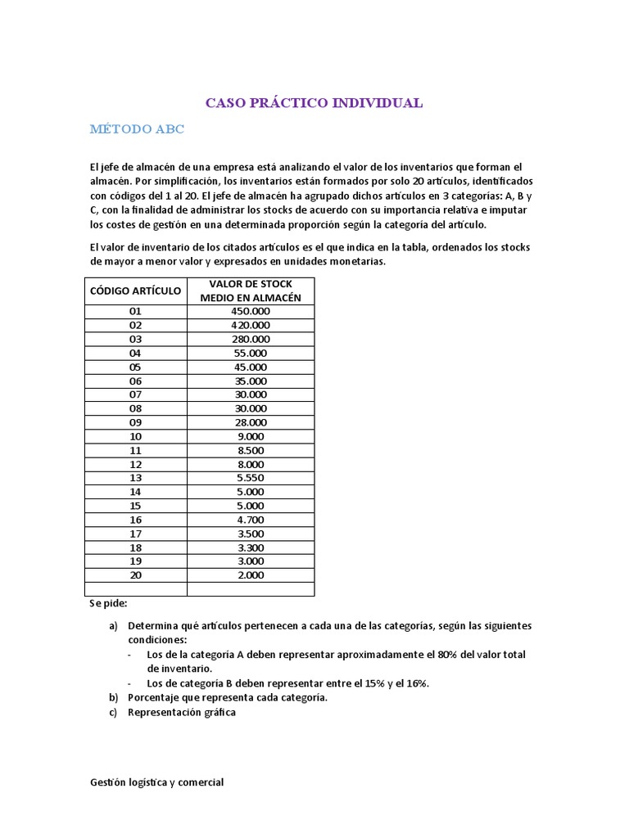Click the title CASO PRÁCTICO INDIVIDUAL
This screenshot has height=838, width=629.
pyautogui.click(x=314, y=103)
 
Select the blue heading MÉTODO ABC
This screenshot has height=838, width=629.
pyautogui.click(x=137, y=129)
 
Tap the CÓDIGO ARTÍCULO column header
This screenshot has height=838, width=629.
pyautogui.click(x=135, y=291)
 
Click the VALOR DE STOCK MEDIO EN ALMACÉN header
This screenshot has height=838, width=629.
pyautogui.click(x=251, y=291)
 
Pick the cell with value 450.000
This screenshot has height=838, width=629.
pyautogui.click(x=251, y=311)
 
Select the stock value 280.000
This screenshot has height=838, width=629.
pyautogui.click(x=251, y=339)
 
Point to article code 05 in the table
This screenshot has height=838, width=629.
pyautogui.click(x=135, y=367)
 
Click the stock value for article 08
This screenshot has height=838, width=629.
pyautogui.click(x=251, y=408)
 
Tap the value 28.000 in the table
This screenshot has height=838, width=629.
pyautogui.click(x=251, y=422)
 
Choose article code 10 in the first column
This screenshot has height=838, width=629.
pyautogui.click(x=135, y=436)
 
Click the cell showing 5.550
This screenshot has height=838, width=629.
pyautogui.click(x=251, y=478)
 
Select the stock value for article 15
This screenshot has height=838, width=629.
pyautogui.click(x=251, y=506)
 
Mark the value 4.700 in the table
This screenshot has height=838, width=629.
pyautogui.click(x=251, y=520)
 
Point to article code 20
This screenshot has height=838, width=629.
pyautogui.click(x=135, y=575)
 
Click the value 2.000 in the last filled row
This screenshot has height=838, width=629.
pyautogui.click(x=251, y=575)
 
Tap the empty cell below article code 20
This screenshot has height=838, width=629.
pyautogui.click(x=135, y=589)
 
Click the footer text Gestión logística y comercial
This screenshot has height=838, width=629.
pyautogui.click(x=156, y=782)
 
